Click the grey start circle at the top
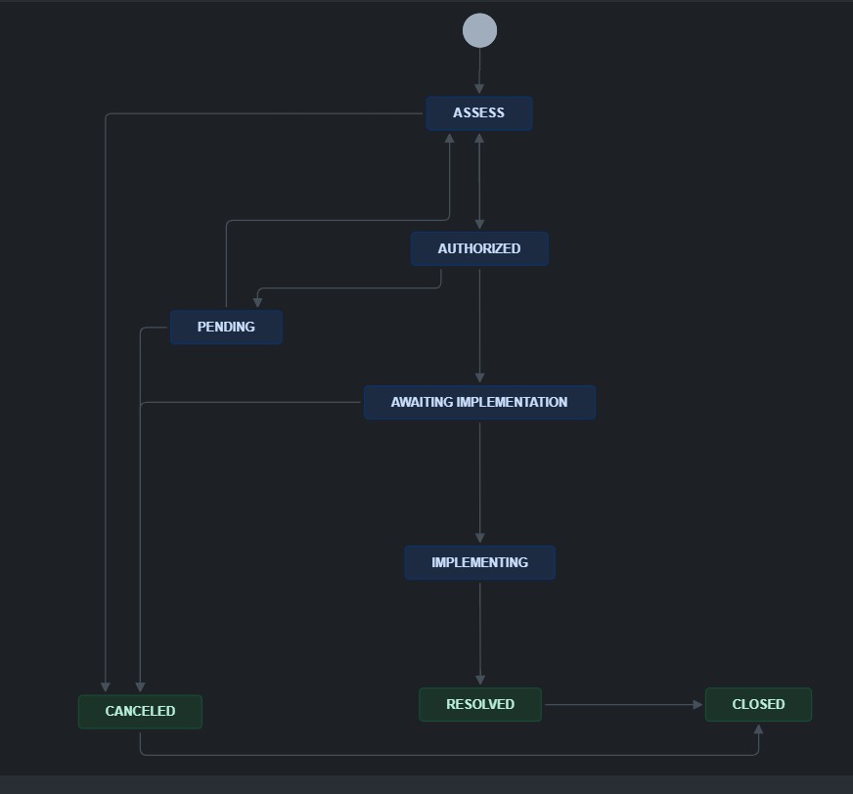479,30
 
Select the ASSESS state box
478,113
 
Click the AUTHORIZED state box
479,248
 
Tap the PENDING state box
226,327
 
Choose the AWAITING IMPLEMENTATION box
479,402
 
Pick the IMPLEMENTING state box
479,562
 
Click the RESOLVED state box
479,704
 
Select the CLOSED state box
758,704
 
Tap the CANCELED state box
140,711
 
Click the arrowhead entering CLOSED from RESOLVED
697,705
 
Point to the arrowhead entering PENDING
258,302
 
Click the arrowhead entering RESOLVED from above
479,680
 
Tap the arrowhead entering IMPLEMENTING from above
479,538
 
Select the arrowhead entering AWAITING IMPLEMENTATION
479,377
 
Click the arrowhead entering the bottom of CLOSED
758,729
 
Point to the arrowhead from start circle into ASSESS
479,89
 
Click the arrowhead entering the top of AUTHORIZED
479,224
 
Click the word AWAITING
422,402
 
